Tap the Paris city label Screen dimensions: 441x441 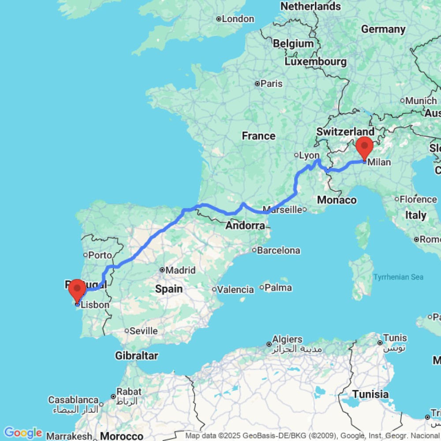[271, 83]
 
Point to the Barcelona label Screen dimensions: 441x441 [278, 250]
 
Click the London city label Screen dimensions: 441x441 [238, 19]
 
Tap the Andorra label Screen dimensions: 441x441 [245, 226]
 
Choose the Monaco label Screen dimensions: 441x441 [336, 200]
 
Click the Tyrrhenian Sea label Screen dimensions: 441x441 [398, 277]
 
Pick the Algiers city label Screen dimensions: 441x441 [287, 340]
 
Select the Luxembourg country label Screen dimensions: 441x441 [315, 61]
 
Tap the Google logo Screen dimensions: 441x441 [23, 433]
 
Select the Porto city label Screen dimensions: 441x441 [100, 255]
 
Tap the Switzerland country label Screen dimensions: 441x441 [345, 131]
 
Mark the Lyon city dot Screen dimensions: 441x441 [296, 155]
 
